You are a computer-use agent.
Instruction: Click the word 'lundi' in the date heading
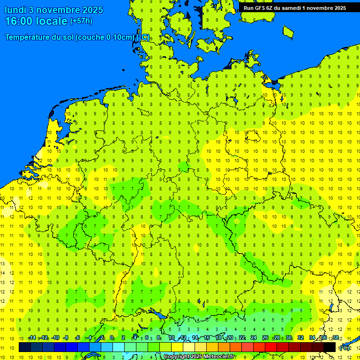point(17,10)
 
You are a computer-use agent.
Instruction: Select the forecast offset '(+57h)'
point(81,21)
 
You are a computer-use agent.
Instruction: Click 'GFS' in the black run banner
point(261,8)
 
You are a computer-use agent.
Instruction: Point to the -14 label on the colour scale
point(32,338)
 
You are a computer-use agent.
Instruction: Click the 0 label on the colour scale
point(112,338)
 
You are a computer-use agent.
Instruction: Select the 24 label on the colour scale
point(254,338)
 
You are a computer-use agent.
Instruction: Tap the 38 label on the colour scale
point(335,338)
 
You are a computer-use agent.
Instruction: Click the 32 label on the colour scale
point(300,338)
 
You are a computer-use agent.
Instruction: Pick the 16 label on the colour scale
point(207,338)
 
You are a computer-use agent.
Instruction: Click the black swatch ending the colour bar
point(330,347)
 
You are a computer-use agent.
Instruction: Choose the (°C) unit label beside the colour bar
point(344,347)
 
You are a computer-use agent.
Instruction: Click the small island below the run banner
point(288,31)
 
